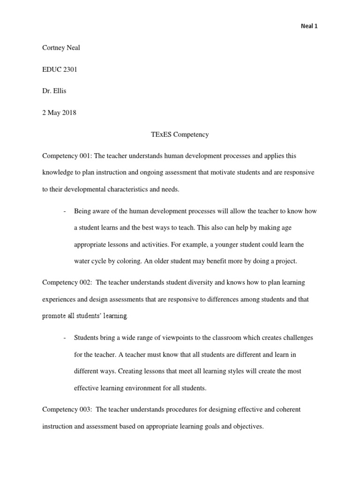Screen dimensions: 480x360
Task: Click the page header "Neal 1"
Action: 309,26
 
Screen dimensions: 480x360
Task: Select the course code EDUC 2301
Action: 60,69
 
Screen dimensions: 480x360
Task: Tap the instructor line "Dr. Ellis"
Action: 54,91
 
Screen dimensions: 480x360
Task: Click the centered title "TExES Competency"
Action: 180,135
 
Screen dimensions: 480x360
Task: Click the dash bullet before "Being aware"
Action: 63,211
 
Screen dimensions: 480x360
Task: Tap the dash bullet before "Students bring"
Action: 63,338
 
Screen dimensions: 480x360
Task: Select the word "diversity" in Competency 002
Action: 196,283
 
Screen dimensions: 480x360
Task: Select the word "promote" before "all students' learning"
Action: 54,316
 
